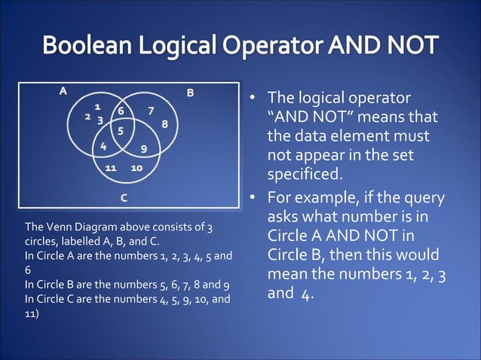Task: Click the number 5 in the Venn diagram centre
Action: coord(121,130)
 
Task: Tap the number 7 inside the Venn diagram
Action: coord(151,111)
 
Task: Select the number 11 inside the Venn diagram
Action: coord(110,166)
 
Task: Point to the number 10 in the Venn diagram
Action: coord(137,166)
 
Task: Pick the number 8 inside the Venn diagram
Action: coord(164,123)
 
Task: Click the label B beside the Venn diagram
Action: coord(190,93)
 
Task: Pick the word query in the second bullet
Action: coord(421,198)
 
